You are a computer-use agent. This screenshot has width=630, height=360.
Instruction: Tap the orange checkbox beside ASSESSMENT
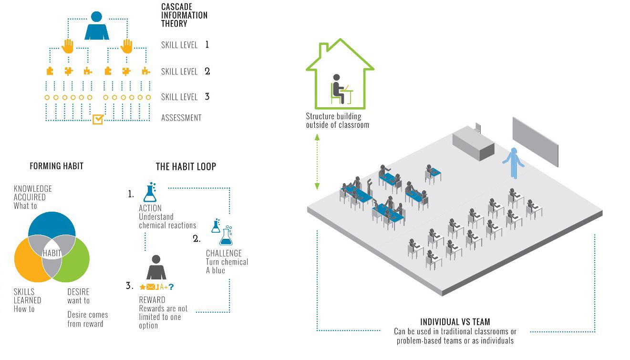click(97, 118)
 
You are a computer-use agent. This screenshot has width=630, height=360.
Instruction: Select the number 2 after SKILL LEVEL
click(207, 71)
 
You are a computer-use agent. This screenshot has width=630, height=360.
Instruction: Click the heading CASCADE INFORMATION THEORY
click(184, 15)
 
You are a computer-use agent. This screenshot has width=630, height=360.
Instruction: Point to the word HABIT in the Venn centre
click(52, 253)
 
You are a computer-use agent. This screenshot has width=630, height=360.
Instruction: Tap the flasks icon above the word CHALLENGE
click(222, 232)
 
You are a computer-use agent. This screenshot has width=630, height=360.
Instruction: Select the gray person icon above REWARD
click(156, 268)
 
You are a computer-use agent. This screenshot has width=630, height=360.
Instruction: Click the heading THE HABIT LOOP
click(186, 166)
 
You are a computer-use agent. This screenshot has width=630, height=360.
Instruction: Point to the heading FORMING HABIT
click(56, 166)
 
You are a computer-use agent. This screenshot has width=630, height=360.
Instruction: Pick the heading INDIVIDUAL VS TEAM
click(455, 322)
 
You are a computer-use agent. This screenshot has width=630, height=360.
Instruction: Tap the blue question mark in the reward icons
click(171, 287)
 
